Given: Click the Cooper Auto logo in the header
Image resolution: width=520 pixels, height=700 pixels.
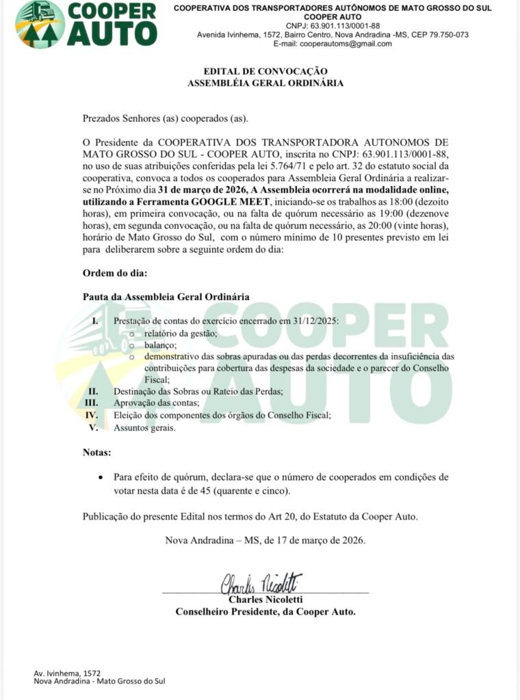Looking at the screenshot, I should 86,24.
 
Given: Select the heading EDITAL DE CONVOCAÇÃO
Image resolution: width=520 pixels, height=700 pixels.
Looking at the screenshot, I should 265,71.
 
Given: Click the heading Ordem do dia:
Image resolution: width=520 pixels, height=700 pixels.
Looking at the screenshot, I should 115,273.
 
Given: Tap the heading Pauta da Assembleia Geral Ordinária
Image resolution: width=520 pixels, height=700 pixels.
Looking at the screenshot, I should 166,297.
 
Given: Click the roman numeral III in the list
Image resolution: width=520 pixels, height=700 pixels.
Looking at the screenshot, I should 92,403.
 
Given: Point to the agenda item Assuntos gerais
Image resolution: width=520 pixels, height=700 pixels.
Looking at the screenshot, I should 145,428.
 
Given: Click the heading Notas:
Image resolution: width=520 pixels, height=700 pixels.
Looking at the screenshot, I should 97,453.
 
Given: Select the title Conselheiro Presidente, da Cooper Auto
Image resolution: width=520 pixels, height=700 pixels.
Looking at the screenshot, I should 265,612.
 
